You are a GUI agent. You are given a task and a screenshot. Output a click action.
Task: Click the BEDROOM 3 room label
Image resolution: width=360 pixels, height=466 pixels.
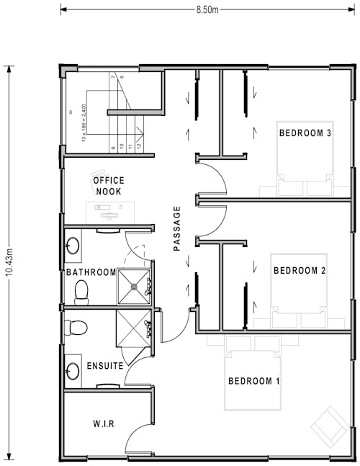click(305, 133)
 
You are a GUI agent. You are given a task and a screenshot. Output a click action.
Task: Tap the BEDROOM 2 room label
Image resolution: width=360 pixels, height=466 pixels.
click(300, 271)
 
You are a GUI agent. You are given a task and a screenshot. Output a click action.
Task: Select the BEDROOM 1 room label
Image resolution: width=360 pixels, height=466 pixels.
click(253, 381)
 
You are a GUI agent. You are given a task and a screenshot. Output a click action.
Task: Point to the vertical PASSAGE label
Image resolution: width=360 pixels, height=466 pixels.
click(176, 228)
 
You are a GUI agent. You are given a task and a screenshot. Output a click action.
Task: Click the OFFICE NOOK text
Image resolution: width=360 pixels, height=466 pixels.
click(108, 186)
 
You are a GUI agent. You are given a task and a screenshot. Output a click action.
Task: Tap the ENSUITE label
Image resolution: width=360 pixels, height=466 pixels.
click(105, 366)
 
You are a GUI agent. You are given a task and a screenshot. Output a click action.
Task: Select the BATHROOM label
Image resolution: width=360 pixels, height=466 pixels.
click(91, 272)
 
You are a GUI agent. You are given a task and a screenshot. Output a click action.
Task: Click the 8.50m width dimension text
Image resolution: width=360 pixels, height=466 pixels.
click(207, 9)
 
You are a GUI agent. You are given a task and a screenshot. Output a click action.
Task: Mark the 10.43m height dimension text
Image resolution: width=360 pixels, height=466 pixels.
click(9, 264)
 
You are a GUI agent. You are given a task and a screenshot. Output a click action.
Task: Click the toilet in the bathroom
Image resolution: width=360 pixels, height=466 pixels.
click(81, 291)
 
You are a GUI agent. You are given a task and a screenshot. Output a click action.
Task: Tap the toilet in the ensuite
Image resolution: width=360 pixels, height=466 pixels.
click(76, 328)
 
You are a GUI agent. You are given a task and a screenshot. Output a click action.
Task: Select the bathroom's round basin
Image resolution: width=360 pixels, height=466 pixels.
click(73, 244)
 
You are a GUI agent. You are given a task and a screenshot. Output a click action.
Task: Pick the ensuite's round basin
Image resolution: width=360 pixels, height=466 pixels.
click(73, 372)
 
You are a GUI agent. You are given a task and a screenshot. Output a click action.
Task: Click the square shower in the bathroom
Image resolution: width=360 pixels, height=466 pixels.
click(134, 286)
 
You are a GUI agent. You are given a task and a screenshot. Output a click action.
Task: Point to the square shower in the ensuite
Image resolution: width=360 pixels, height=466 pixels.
click(133, 328)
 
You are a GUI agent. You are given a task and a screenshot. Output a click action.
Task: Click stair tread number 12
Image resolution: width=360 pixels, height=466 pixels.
click(138, 147)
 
